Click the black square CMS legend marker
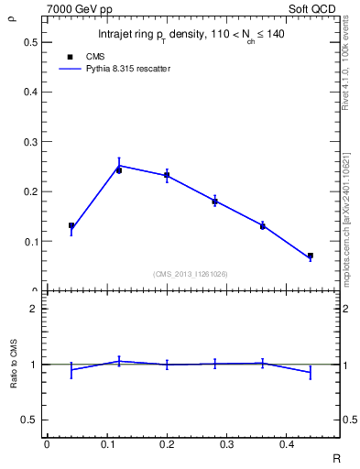point(69,57)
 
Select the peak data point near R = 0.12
point(119,169)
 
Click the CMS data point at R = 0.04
point(71,225)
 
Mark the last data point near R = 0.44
point(311,256)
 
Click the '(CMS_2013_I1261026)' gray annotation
point(191,274)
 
